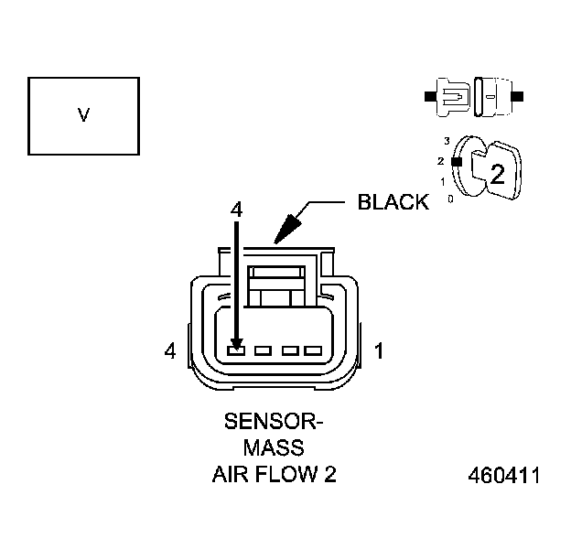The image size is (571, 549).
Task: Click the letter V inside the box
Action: point(83,116)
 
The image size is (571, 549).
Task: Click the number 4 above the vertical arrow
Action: point(236,210)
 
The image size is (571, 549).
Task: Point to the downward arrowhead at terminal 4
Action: point(236,343)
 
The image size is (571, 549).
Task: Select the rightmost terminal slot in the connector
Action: point(313,350)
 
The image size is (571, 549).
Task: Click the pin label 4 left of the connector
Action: point(169,350)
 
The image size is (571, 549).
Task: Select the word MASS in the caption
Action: point(274,448)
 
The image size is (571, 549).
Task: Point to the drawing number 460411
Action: point(503,477)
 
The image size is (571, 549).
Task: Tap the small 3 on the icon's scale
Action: point(447,141)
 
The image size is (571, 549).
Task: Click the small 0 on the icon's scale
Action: point(450,198)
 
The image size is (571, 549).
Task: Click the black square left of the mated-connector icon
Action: point(428,95)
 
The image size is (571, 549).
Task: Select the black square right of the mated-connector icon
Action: point(519,95)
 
